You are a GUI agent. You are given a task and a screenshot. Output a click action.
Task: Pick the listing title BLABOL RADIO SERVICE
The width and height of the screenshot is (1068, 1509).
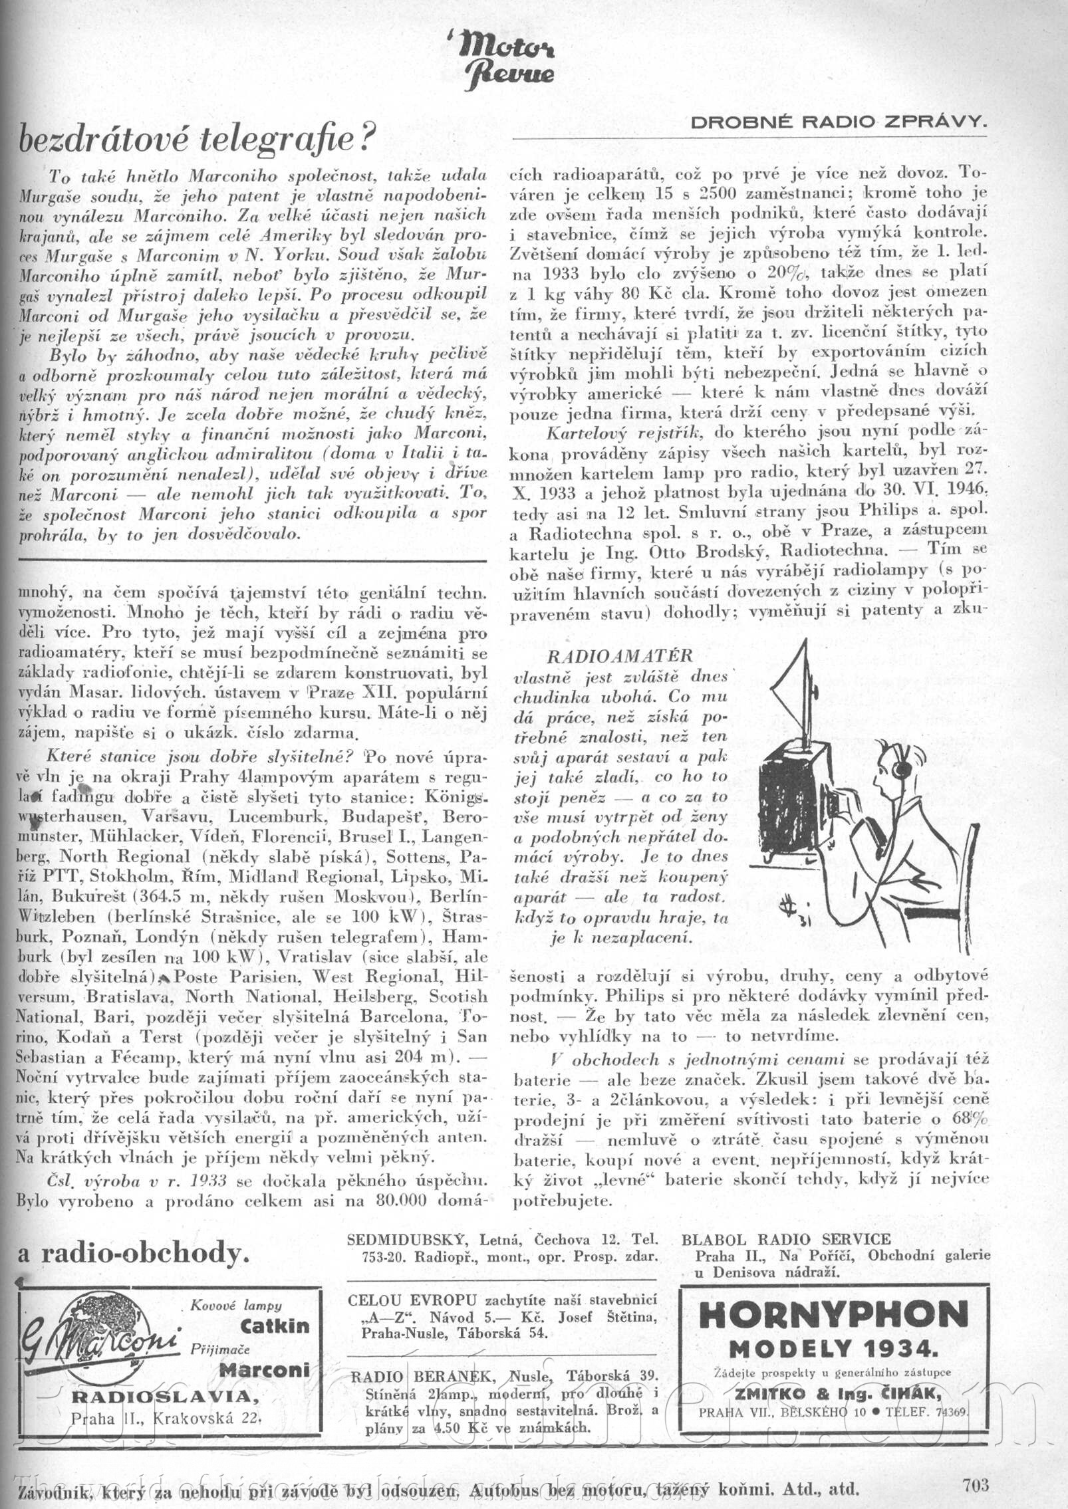coord(785,1238)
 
